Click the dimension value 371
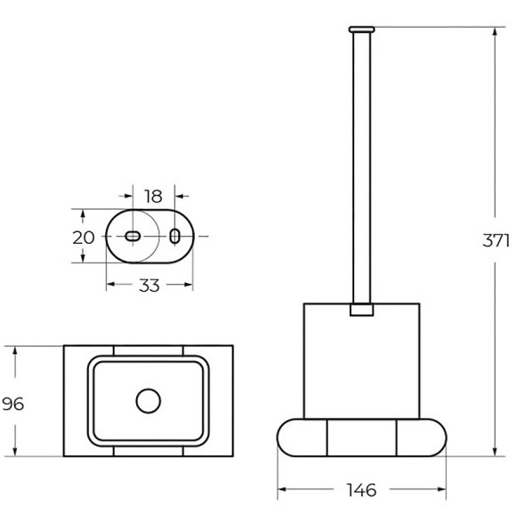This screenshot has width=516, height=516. pos(495,240)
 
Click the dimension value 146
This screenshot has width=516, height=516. pos(361,489)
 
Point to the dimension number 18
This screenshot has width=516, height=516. pos(153,195)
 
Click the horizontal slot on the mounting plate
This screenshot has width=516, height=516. pos(132,236)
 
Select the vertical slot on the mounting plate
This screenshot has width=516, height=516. pos(175,236)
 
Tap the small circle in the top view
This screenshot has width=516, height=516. pos(146,400)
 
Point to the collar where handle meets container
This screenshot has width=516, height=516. pos(361,311)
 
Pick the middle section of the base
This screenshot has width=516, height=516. pos(361,437)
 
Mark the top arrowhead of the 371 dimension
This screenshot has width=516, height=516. pos(495,33)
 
